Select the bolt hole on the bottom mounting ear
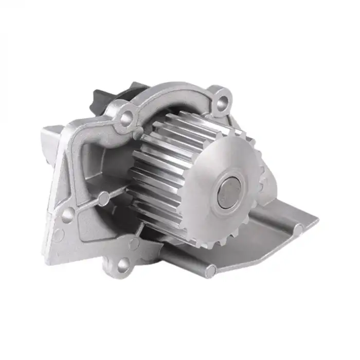tap(122, 265)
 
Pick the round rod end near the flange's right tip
tap(298, 228)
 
